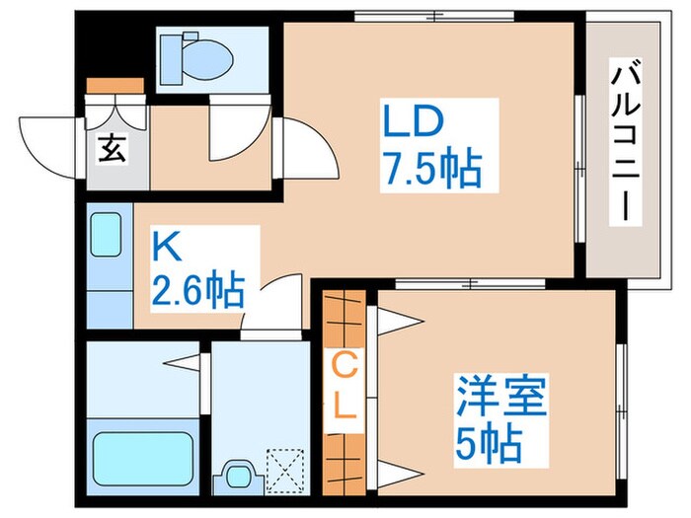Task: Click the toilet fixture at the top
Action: [x=197, y=53]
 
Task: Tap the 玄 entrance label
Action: [x=111, y=153]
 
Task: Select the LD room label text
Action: [x=412, y=126]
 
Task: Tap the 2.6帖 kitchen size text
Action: [x=197, y=292]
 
